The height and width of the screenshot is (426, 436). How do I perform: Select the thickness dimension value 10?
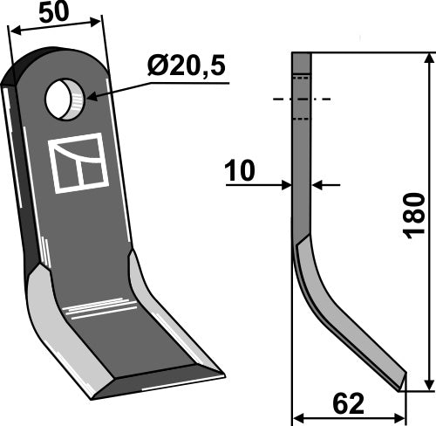238,171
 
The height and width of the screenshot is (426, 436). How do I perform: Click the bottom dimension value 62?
347,403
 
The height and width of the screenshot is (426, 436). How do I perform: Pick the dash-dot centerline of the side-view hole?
301,100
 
